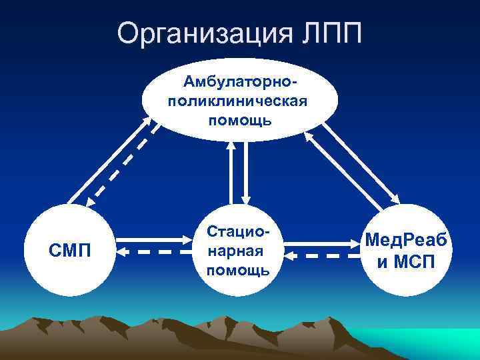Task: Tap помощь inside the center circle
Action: pos(239,269)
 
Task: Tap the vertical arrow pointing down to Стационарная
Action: pos(245,171)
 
